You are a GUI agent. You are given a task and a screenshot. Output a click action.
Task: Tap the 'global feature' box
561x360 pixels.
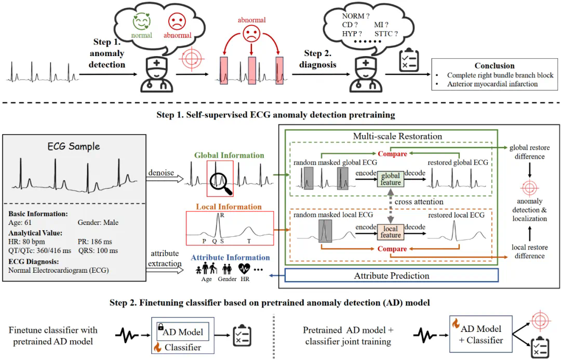pos(391,179)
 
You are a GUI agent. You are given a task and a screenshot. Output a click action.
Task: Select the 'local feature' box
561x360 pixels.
pos(391,231)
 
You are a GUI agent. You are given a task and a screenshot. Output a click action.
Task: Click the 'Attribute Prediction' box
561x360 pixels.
pos(392,275)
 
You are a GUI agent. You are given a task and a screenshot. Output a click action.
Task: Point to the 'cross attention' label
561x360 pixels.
pos(419,202)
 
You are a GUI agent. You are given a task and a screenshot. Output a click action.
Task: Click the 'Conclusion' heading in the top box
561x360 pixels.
pos(494,66)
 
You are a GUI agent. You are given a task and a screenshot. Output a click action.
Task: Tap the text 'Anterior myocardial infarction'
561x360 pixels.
pos(492,84)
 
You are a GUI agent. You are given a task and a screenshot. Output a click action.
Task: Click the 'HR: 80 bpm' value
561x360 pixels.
pos(28,242)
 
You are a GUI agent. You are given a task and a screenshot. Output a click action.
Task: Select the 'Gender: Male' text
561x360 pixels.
pos(98,223)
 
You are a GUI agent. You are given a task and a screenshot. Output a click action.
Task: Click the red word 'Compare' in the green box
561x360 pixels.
pos(392,154)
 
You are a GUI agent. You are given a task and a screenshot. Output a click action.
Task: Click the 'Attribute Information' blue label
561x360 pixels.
pos(230,258)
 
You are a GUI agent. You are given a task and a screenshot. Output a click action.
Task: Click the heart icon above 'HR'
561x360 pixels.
pos(244,269)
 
